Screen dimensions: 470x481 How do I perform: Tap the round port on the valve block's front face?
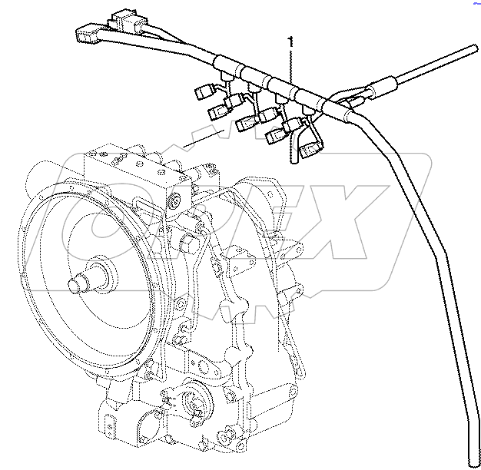176,202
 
